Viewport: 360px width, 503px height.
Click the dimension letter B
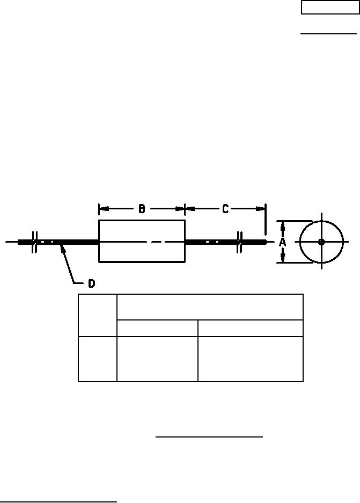[142, 209]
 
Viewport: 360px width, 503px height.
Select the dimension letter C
[225, 209]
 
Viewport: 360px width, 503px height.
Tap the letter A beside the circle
[282, 242]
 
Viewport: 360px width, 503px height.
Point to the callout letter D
[92, 283]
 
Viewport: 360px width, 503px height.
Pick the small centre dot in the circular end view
[321, 242]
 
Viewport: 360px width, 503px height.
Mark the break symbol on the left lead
[35, 242]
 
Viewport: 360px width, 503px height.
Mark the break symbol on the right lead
[239, 242]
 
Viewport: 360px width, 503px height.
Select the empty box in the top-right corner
[330, 8]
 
